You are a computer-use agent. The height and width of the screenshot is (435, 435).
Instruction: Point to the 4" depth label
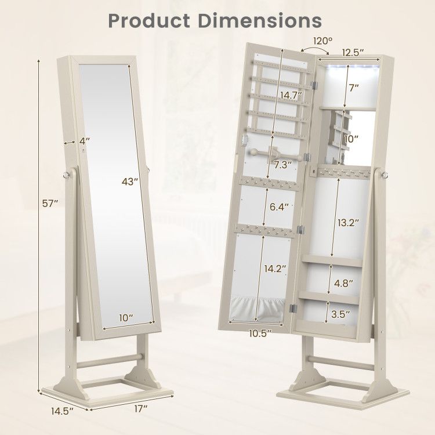click(85, 140)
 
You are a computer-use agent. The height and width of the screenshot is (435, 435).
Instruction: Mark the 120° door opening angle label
click(323, 42)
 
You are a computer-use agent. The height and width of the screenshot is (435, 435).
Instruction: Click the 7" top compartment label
click(353, 88)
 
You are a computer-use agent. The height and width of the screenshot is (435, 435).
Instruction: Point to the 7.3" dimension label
click(283, 164)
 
